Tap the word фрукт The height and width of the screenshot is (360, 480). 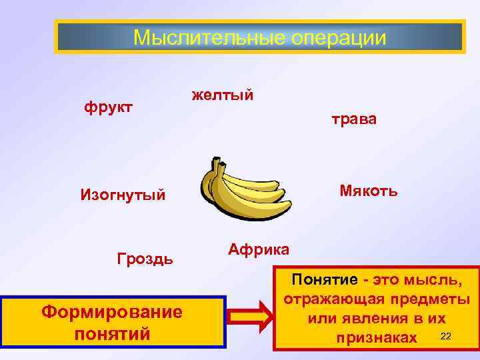(x=109, y=106)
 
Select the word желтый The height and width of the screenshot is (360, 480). (x=223, y=95)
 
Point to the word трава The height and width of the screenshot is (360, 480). (x=354, y=119)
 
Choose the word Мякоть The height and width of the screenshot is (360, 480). (x=369, y=191)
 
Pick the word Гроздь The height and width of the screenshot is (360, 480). (x=145, y=258)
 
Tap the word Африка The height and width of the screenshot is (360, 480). (x=259, y=249)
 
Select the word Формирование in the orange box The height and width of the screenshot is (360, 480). (x=111, y=311)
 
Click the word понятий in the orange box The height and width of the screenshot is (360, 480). (x=111, y=333)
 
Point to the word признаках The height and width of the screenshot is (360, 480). (x=376, y=338)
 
